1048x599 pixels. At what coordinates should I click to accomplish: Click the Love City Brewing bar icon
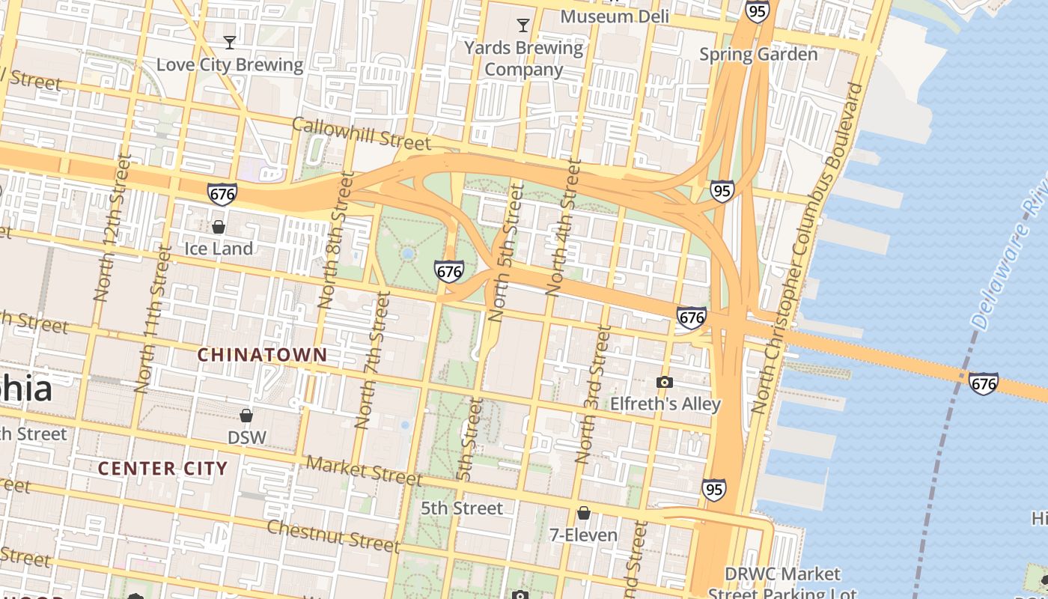(230, 42)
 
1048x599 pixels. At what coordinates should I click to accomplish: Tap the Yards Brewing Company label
(523, 59)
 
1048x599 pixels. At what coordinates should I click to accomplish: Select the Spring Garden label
(758, 54)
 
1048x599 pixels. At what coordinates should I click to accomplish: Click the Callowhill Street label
(362, 133)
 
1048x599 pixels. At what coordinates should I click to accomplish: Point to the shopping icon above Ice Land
(219, 226)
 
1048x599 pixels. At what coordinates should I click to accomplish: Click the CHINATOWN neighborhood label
(262, 355)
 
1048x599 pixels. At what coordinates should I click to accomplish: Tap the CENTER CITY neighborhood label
(162, 469)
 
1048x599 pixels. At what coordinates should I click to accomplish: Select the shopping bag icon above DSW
(246, 416)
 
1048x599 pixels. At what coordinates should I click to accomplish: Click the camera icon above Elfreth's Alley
(664, 383)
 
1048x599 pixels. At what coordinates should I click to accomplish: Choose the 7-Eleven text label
(583, 535)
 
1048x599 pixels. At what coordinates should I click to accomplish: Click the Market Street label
(365, 470)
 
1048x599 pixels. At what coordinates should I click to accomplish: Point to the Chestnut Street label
(333, 535)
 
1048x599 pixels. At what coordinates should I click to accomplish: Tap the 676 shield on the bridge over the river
(983, 383)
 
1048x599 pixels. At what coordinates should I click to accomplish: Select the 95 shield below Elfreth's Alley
(713, 490)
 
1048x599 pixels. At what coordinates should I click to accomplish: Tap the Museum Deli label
(614, 16)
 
